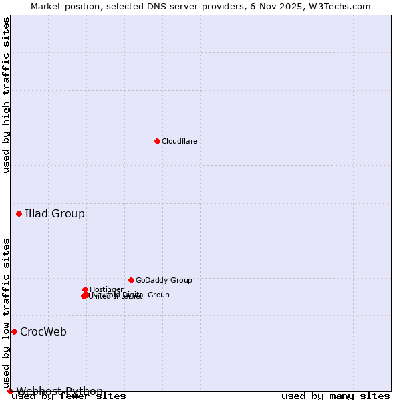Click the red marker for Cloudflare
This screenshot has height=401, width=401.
pyautogui.click(x=157, y=141)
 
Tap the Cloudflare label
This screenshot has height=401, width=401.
pyautogui.click(x=179, y=141)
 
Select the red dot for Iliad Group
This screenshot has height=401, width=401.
pyautogui.click(x=19, y=213)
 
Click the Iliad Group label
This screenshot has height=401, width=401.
pyautogui.click(x=55, y=214)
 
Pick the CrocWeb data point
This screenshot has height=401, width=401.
pyautogui.click(x=14, y=331)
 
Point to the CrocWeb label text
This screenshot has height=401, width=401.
pyautogui.click(x=43, y=332)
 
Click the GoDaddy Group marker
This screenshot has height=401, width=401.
pyautogui.click(x=131, y=280)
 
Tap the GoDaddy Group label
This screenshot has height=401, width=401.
pyautogui.click(x=164, y=281)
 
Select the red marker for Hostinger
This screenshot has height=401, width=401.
pyautogui.click(x=86, y=289)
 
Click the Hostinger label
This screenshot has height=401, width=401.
pyautogui.click(x=106, y=289)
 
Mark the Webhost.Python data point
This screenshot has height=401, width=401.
pyautogui.click(x=10, y=391)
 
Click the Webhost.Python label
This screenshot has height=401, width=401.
pyautogui.click(x=59, y=391)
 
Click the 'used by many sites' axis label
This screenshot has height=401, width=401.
pyautogui.click(x=336, y=396)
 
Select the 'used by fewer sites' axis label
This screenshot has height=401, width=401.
pyautogui.click(x=69, y=396)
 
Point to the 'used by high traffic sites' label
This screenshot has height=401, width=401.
pyautogui.click(x=7, y=95)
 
